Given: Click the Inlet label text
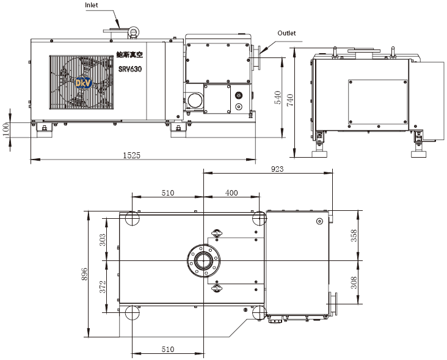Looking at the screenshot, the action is (x=91, y=5).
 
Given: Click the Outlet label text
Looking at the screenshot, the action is (x=286, y=33).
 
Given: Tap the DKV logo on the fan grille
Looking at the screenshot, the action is (x=83, y=83).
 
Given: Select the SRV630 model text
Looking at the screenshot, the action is (x=130, y=69).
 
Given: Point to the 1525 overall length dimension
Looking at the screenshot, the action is (x=131, y=155).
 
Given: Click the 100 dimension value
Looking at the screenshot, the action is (x=5, y=130).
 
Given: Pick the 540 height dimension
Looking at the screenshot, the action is (x=278, y=97).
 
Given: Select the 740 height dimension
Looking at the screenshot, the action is (x=290, y=100).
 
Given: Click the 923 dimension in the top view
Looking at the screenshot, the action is (x=277, y=169).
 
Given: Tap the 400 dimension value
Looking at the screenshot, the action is (x=231, y=193).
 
